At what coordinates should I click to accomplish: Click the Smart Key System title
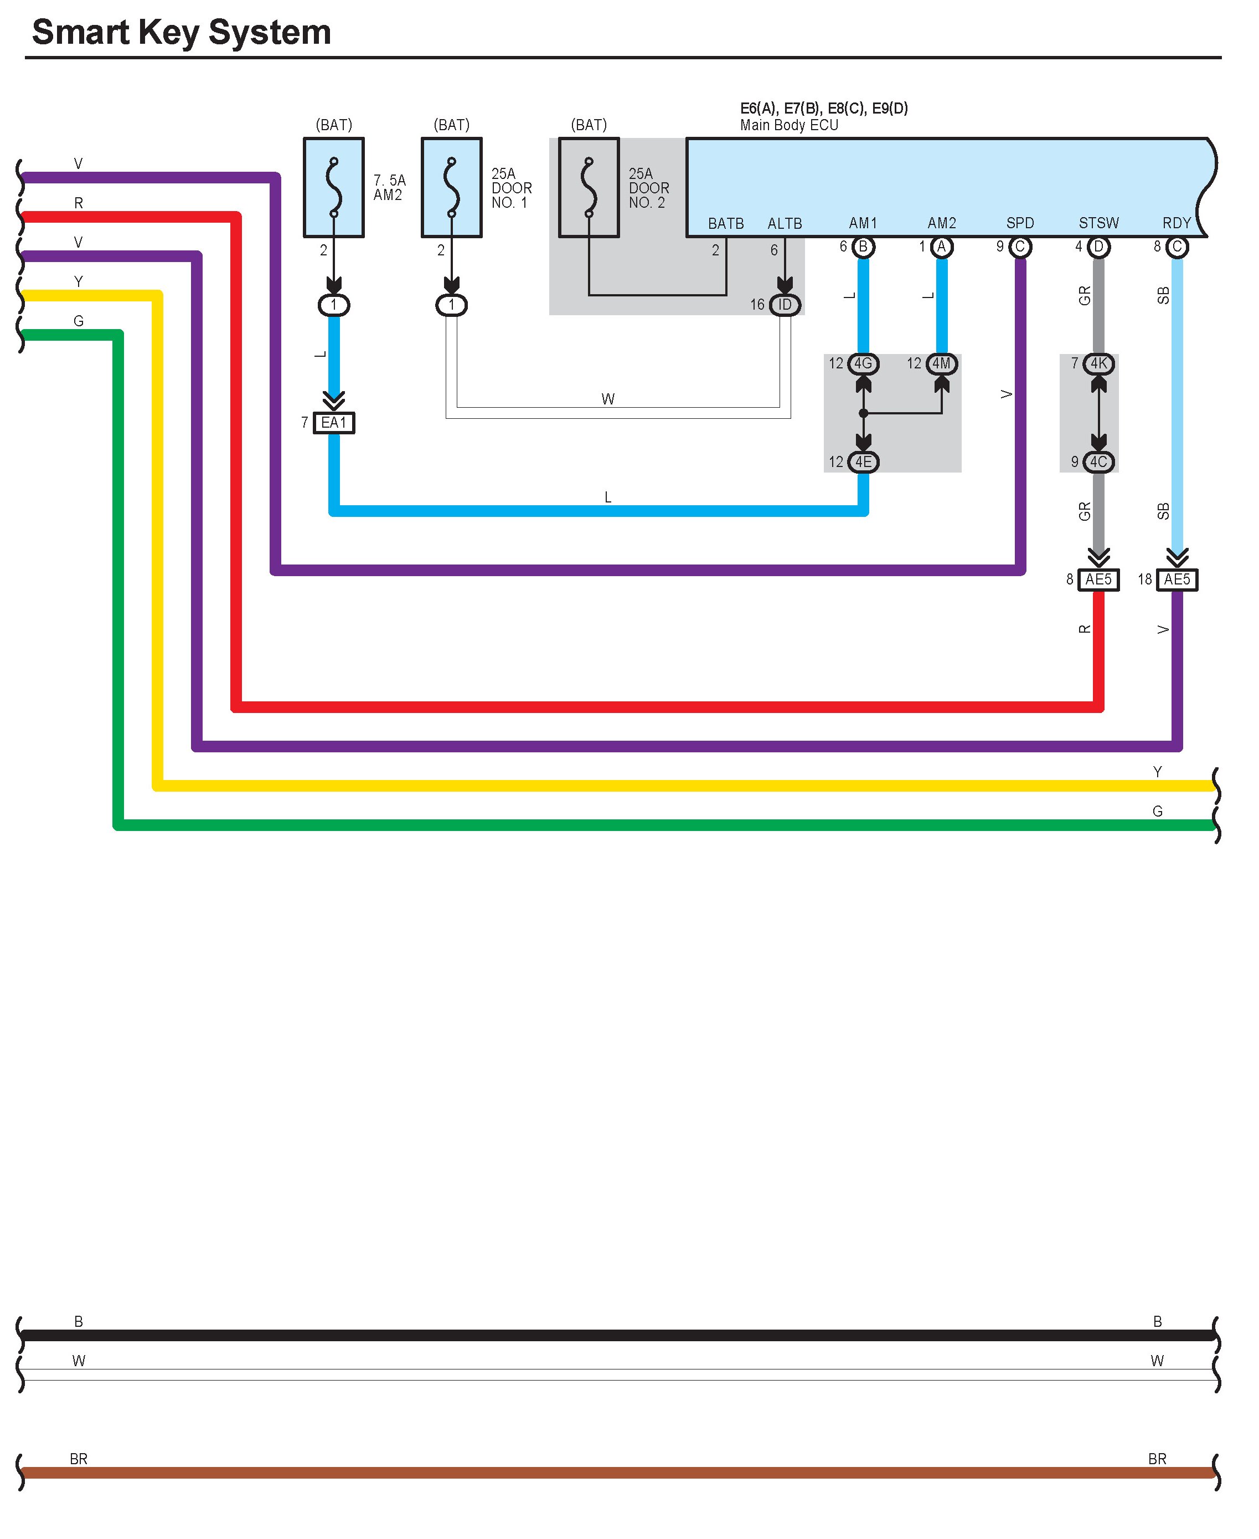click(181, 33)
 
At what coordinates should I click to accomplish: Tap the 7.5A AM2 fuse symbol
click(334, 187)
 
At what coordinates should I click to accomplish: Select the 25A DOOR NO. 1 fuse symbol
click(451, 187)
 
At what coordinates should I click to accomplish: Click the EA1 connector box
click(334, 422)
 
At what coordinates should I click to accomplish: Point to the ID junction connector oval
click(785, 305)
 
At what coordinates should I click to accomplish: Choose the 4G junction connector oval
click(863, 363)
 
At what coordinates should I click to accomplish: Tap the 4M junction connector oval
click(941, 363)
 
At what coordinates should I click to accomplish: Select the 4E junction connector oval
click(863, 461)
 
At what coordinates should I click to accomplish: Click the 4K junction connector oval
click(1099, 363)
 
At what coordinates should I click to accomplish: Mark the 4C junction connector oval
click(1099, 461)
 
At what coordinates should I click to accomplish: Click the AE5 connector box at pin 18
click(1177, 579)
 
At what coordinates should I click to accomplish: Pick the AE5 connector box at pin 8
click(1098, 579)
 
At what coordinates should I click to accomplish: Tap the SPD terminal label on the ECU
click(1020, 223)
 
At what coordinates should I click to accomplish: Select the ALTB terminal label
click(785, 223)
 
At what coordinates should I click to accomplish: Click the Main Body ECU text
click(789, 125)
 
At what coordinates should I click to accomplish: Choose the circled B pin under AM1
click(863, 247)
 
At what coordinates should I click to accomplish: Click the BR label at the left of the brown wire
click(78, 1459)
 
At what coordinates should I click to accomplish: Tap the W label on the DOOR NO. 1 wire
click(608, 399)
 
